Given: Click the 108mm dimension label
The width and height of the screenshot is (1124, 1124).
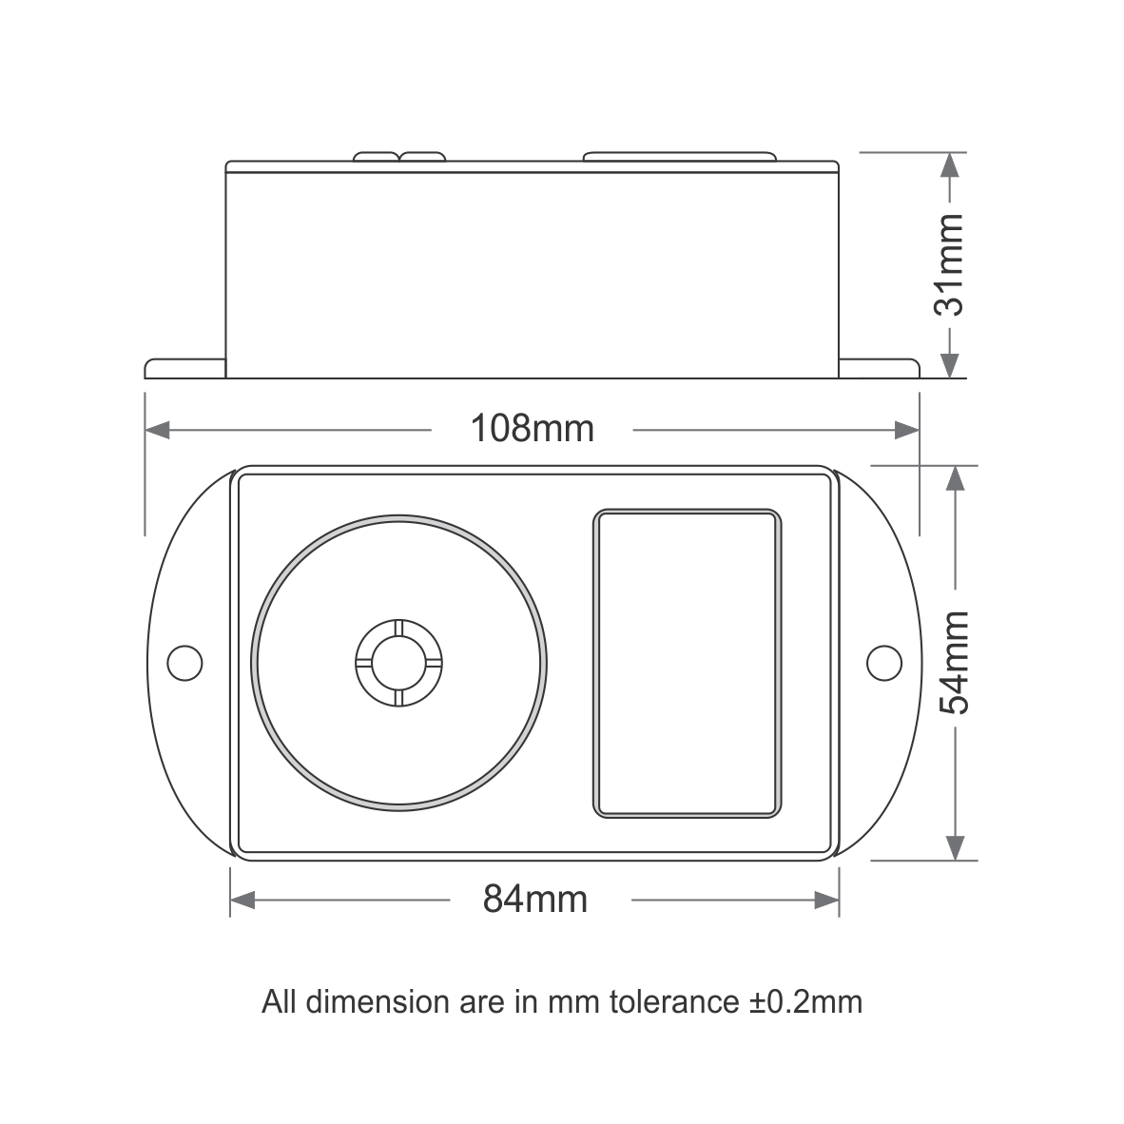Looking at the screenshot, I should [x=533, y=429].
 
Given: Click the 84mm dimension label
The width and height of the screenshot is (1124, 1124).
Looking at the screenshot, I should [x=535, y=898].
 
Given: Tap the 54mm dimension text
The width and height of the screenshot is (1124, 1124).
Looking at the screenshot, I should [x=954, y=662].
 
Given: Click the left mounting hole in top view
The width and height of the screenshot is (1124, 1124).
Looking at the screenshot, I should [x=184, y=662].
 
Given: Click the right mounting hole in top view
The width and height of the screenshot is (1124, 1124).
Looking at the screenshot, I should [x=884, y=662].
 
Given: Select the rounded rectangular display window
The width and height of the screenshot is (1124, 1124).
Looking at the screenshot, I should [x=687, y=663].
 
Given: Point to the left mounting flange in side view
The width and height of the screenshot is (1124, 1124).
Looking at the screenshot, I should [x=184, y=369].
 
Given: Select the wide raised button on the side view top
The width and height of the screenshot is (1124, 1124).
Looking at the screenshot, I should [x=679, y=155].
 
